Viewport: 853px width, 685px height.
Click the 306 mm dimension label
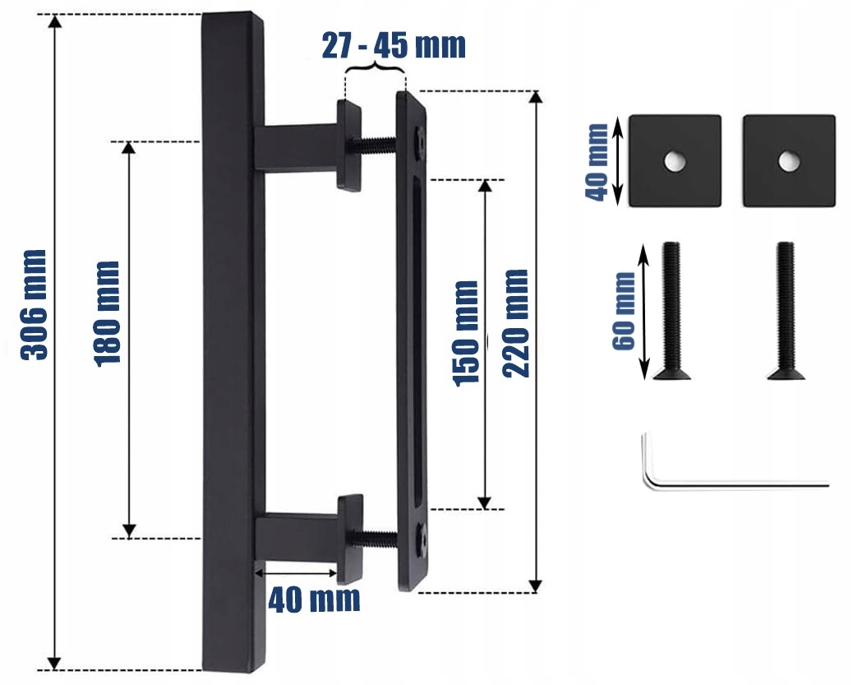pyautogui.click(x=34, y=305)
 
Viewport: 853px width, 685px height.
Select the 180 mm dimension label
pyautogui.click(x=107, y=314)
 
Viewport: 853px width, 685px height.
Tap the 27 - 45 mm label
pyautogui.click(x=394, y=45)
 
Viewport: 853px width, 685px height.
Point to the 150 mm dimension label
pyautogui.click(x=466, y=334)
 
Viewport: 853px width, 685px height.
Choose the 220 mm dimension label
pyautogui.click(x=514, y=323)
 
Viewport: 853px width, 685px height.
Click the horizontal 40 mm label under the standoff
pyautogui.click(x=314, y=599)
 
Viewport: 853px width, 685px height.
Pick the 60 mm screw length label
pyautogui.click(x=624, y=311)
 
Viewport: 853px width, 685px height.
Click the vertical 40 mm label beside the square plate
pyautogui.click(x=597, y=163)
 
